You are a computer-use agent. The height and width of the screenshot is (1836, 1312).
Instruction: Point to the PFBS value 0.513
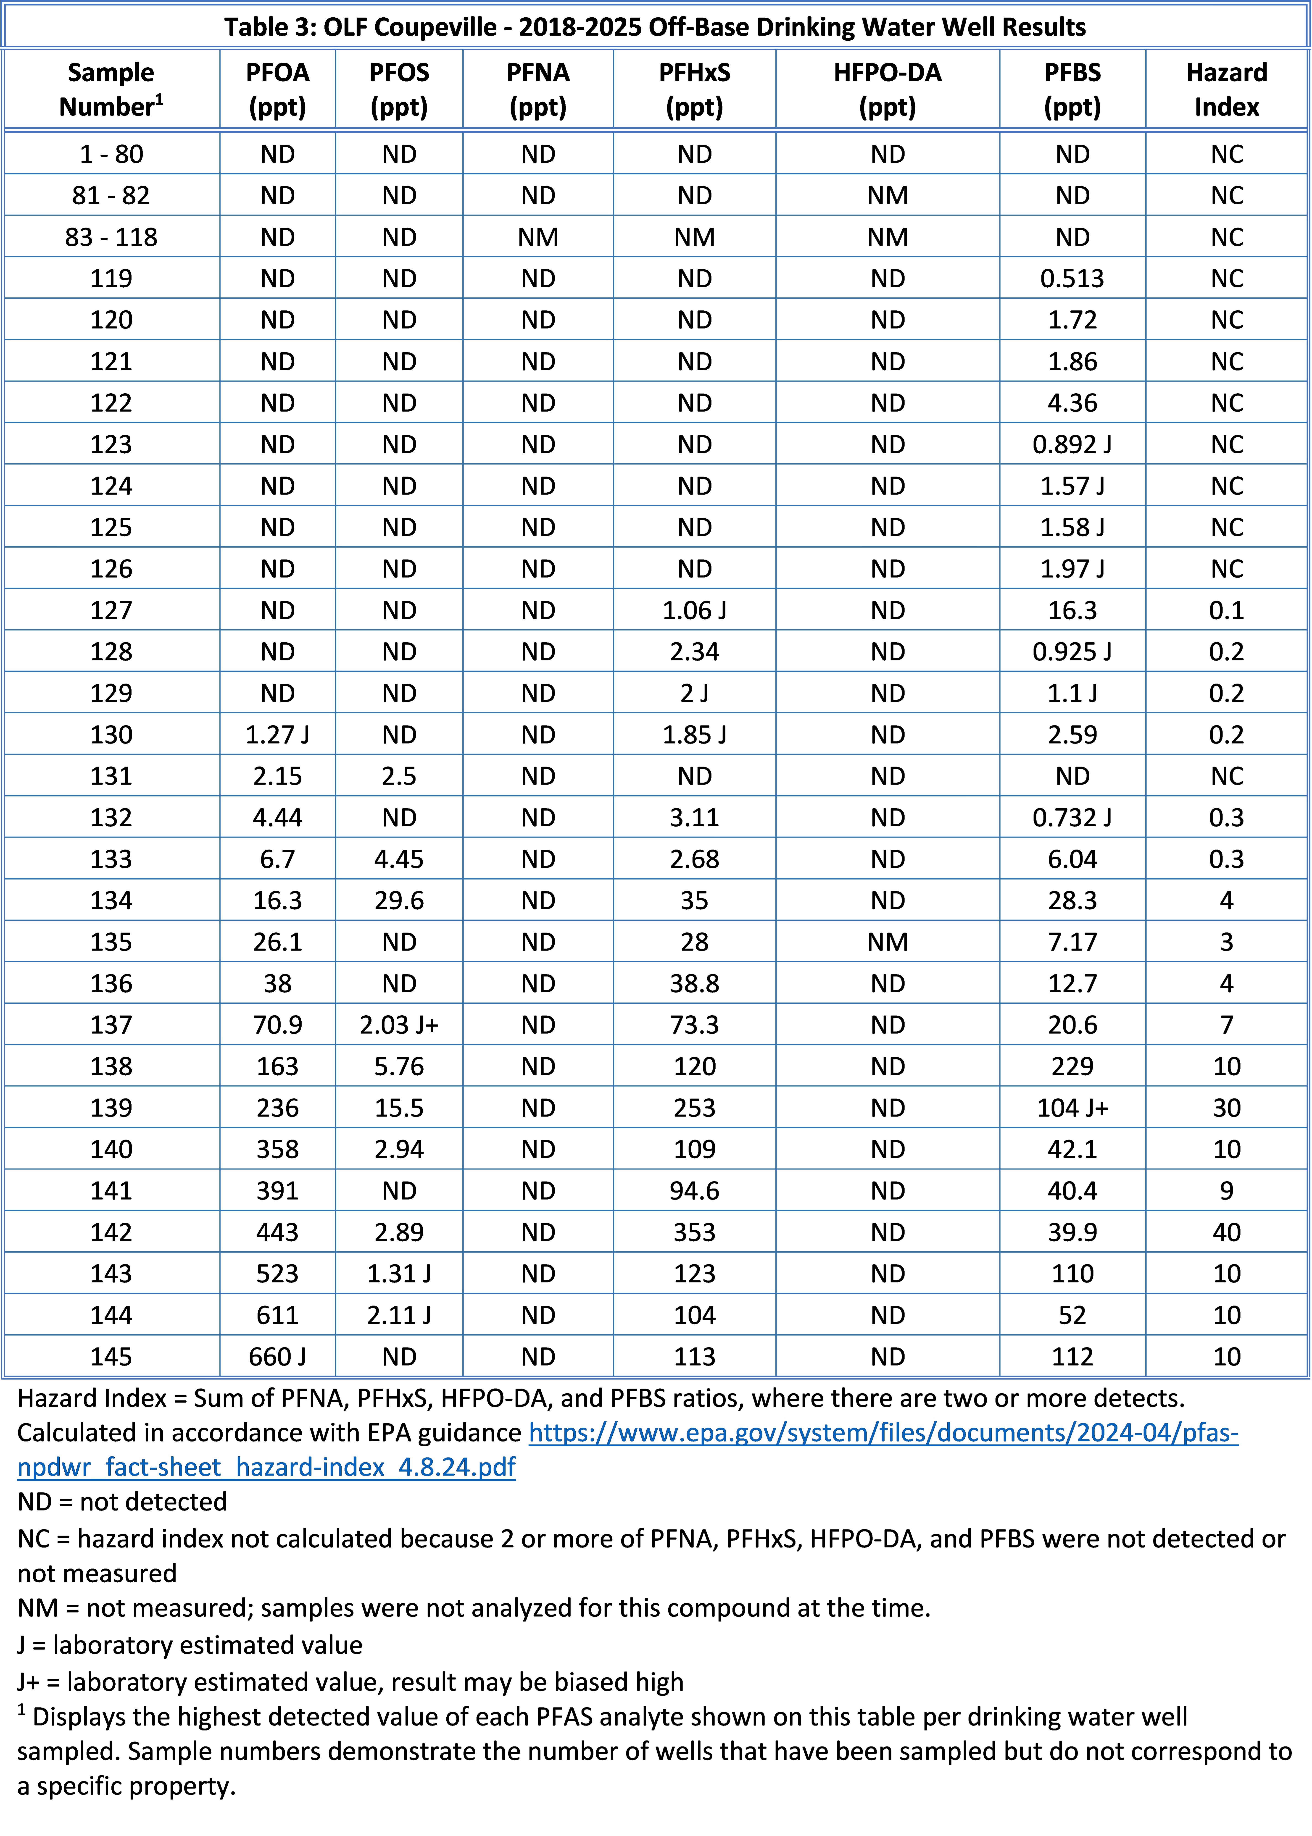1072,279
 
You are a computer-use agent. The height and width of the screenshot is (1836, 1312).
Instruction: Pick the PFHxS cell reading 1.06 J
694,611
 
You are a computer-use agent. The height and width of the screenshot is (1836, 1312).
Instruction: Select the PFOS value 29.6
399,901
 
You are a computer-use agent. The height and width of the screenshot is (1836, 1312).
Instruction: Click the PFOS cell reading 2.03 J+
399,1025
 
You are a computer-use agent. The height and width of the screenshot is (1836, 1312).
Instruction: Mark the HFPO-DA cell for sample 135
887,942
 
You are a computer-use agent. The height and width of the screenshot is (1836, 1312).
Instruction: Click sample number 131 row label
111,776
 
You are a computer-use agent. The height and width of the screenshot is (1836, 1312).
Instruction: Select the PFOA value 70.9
277,1025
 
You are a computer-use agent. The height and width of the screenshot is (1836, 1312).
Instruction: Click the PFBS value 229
1072,1066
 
